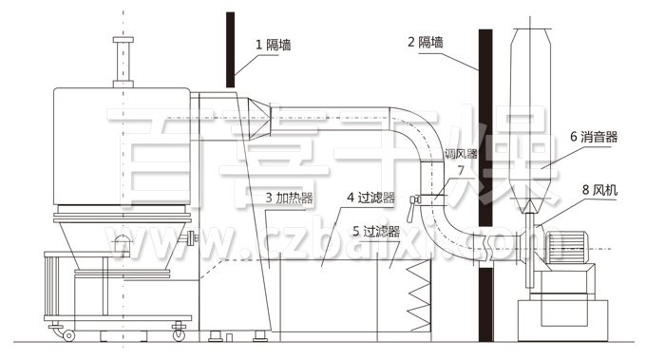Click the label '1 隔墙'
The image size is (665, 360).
[275, 44]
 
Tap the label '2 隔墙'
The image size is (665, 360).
[427, 42]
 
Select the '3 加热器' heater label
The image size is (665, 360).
[291, 197]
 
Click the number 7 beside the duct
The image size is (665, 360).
[461, 170]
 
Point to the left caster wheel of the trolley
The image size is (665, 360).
[68, 333]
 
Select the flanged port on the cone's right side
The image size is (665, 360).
[192, 237]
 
